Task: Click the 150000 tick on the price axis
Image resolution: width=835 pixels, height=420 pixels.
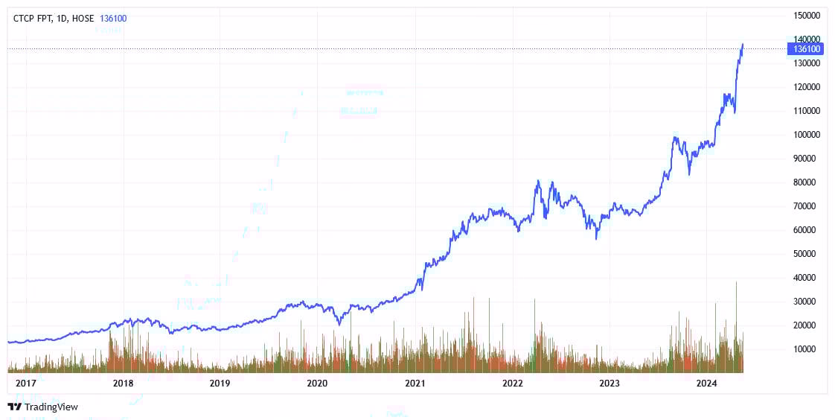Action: (807, 16)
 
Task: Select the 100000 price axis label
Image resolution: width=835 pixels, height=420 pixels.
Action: (807, 135)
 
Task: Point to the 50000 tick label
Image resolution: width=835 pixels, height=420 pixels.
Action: (807, 254)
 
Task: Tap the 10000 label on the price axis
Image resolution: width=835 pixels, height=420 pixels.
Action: (807, 349)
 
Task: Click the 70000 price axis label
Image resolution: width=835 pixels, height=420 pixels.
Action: (807, 206)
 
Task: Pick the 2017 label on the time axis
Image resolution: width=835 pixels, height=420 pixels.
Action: (25, 384)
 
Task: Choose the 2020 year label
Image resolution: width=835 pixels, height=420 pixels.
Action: (317, 384)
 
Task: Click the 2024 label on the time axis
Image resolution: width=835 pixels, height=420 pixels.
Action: (706, 384)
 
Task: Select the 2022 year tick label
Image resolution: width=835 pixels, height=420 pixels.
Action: (512, 384)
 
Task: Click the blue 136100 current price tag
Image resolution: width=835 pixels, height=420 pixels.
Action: (807, 49)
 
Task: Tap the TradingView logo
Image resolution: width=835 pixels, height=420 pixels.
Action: (42, 407)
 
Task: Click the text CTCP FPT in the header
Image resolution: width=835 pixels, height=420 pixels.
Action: (33, 18)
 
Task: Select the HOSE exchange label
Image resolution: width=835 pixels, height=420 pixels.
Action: (83, 18)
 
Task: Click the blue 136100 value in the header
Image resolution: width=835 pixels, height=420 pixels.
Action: (113, 18)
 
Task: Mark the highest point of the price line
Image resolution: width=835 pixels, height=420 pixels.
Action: (742, 44)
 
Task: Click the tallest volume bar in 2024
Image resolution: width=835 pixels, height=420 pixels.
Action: (736, 283)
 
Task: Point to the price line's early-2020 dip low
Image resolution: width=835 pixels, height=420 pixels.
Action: (339, 324)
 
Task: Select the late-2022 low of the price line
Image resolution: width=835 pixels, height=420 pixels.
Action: (596, 238)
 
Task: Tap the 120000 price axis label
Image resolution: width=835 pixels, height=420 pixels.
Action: (807, 87)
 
